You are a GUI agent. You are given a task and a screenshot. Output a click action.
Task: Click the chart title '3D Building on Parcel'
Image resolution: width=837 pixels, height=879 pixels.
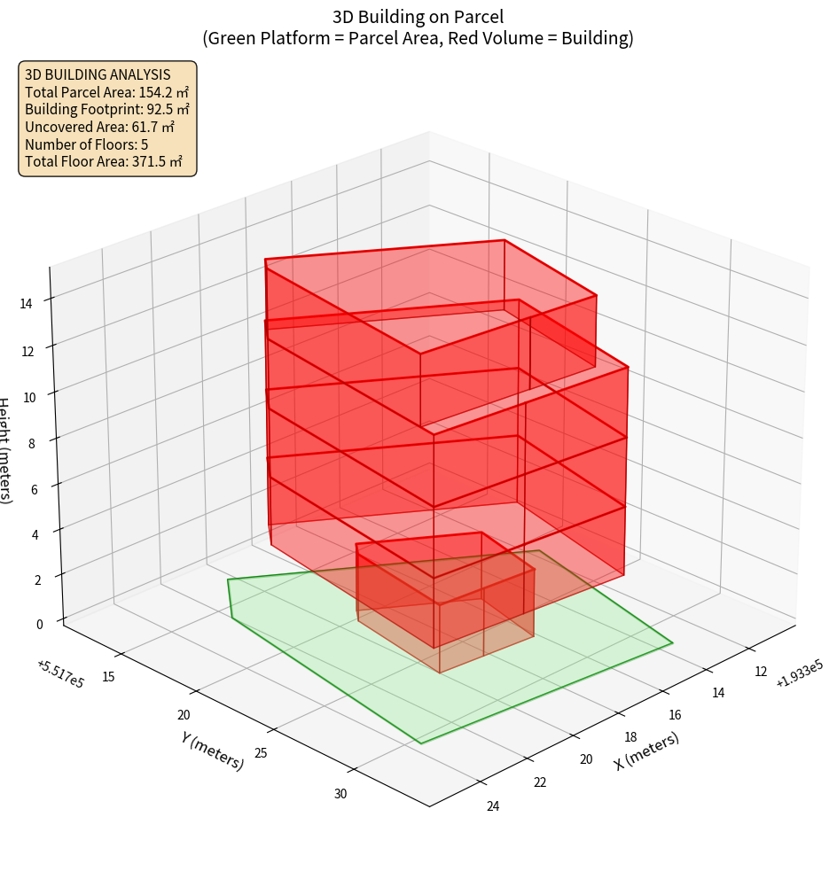point(418,16)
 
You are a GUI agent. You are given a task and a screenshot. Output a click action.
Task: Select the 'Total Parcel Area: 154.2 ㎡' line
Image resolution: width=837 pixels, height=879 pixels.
point(106,92)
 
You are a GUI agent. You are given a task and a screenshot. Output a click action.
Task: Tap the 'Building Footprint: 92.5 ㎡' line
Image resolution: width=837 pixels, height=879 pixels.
point(106,110)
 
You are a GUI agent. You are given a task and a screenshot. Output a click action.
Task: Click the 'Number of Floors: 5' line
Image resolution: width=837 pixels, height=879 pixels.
point(86,144)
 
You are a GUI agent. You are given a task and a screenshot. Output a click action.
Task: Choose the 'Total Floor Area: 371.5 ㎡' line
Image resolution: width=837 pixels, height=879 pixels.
point(104,162)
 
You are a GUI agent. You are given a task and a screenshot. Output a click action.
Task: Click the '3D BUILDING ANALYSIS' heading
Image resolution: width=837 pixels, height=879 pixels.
point(98,75)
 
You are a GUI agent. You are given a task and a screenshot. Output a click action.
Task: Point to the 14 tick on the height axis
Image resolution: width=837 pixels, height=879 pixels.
point(26,303)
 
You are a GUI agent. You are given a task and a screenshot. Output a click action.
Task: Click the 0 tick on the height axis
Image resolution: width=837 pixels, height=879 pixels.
point(39,624)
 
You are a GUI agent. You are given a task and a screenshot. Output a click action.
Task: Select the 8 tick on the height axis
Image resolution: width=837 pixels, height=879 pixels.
point(31,442)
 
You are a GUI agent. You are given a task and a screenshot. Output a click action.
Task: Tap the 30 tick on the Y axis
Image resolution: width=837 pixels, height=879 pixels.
point(340,794)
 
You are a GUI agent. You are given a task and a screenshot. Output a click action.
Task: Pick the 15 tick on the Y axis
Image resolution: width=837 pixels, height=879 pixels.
point(109,677)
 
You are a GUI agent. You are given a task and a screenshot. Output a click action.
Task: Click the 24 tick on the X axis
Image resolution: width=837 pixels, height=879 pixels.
point(493,805)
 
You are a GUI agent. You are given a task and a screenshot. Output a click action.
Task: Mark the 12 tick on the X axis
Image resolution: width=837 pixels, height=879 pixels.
point(761,672)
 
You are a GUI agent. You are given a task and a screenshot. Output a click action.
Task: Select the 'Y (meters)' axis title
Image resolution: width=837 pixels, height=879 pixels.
point(213,750)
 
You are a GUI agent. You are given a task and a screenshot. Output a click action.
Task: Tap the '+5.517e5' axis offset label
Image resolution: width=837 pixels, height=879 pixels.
point(60,674)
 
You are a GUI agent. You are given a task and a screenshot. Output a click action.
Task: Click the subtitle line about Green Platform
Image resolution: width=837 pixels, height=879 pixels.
point(418,38)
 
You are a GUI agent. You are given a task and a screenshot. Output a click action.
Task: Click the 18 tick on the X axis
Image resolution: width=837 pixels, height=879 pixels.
point(630,737)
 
